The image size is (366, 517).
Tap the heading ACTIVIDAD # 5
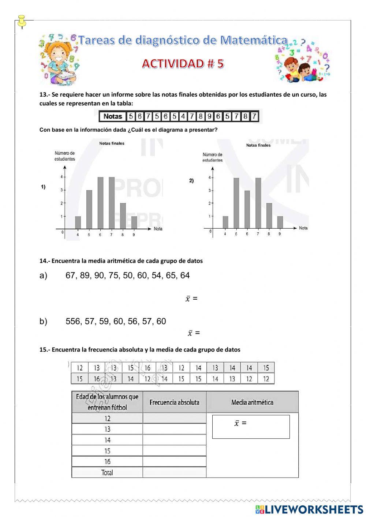click(183, 64)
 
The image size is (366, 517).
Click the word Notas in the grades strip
click(113, 116)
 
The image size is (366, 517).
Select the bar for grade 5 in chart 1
click(89, 209)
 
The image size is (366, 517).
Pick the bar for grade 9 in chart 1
click(134, 222)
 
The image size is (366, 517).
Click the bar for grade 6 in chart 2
click(247, 209)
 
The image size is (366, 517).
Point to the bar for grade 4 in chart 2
click(225, 222)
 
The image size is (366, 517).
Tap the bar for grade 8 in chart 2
click(269, 216)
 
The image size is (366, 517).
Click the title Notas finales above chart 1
click(112, 143)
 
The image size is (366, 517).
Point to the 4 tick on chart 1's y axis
click(62, 177)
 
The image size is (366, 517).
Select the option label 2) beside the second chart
click(191, 181)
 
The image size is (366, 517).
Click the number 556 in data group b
click(73, 321)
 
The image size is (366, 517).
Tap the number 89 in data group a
click(85, 276)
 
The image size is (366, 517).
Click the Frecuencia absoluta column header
click(174, 402)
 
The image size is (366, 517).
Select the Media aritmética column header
click(252, 402)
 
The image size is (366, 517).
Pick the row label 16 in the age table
click(107, 462)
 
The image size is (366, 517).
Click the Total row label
click(107, 473)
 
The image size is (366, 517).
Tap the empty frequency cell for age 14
click(174, 440)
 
